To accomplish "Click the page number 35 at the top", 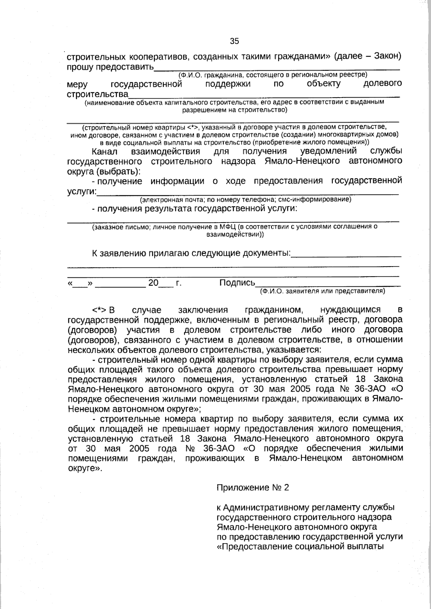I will pos(234,41).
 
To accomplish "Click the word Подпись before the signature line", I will pos(237,283).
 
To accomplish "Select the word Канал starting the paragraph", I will pos(105,151).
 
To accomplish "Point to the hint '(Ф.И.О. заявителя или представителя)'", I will pos(322,291).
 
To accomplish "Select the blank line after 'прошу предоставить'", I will pos(277,68).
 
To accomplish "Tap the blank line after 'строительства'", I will pos(264,95).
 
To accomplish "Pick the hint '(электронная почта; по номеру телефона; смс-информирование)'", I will pos(245,199).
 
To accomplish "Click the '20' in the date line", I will pos(153,283).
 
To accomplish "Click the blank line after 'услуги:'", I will pos(248,193).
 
